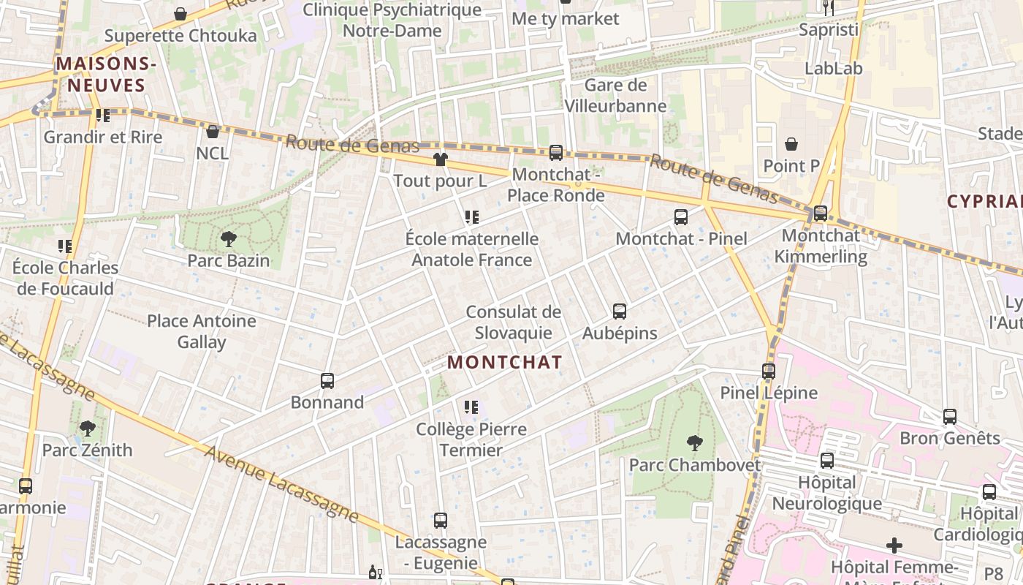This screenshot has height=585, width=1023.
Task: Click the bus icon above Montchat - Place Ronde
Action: click(555, 152)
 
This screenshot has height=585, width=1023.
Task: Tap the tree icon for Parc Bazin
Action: click(228, 238)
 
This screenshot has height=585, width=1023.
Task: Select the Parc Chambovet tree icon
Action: click(694, 442)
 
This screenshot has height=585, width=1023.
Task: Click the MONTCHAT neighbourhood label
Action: click(504, 362)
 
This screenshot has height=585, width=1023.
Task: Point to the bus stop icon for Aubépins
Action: click(619, 312)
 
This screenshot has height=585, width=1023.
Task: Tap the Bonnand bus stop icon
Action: click(327, 380)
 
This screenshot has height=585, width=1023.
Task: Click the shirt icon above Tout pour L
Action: click(440, 159)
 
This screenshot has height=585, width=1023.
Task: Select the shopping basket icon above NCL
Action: click(212, 132)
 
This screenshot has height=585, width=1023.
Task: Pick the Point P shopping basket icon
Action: click(791, 144)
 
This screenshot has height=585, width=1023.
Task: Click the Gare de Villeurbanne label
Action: click(615, 96)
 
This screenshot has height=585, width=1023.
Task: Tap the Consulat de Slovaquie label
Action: click(513, 322)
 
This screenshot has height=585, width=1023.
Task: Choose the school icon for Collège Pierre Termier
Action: click(471, 407)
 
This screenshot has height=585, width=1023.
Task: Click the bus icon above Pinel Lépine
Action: click(768, 371)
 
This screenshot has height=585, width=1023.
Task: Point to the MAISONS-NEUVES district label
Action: click(106, 75)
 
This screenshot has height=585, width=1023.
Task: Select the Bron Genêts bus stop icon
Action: click(949, 416)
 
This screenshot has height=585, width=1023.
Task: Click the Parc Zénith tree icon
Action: click(87, 428)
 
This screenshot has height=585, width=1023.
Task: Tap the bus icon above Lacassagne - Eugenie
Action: click(440, 520)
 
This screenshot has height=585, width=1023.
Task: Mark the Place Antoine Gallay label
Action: click(202, 331)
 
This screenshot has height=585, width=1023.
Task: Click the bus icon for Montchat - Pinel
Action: click(680, 216)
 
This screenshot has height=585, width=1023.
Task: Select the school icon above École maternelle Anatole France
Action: click(471, 216)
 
